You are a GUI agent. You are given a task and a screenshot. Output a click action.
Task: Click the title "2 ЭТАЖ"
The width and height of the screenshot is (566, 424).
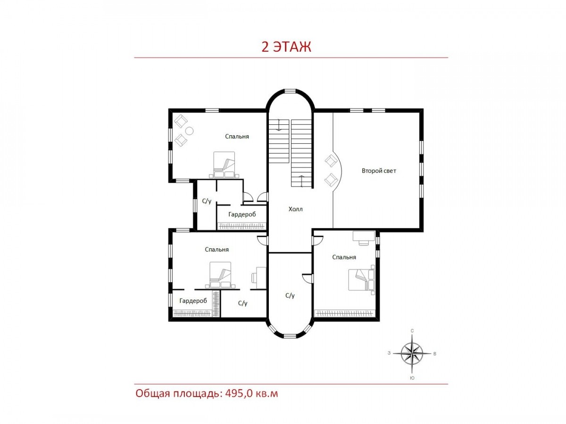[x=286, y=47]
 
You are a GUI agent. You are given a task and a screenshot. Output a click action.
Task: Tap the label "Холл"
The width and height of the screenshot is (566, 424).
[x=295, y=209]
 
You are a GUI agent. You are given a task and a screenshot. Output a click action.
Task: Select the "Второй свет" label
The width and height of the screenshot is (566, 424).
[x=379, y=171]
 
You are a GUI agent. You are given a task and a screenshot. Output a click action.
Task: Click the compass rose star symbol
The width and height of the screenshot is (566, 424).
[x=412, y=353]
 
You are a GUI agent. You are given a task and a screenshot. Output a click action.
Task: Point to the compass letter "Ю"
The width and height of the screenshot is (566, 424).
[x=412, y=378]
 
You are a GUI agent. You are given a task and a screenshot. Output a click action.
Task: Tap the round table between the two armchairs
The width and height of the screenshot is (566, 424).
[x=190, y=131]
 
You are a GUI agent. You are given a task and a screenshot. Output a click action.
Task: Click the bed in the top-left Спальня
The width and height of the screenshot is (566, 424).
[x=224, y=165]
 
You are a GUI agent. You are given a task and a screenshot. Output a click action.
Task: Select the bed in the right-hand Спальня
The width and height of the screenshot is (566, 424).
[x=361, y=280]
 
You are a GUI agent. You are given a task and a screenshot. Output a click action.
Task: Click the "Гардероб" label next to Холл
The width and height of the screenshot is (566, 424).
[x=242, y=214]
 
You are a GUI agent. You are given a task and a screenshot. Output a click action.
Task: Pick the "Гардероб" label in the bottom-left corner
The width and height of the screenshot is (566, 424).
[x=193, y=301]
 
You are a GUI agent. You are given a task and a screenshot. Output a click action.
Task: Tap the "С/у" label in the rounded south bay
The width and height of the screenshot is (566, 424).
[x=290, y=295]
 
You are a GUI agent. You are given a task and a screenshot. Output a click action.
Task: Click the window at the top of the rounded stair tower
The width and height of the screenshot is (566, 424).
[x=291, y=90]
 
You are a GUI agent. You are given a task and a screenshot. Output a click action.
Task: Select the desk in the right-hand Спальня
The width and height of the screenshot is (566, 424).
[x=363, y=237]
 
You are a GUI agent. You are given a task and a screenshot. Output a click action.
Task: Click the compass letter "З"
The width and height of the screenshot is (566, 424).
[x=389, y=353]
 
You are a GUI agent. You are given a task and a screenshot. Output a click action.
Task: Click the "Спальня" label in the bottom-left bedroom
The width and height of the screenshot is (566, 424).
[x=216, y=249]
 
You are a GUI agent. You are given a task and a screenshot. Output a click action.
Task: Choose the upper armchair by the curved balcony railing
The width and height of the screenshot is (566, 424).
[x=331, y=161]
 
